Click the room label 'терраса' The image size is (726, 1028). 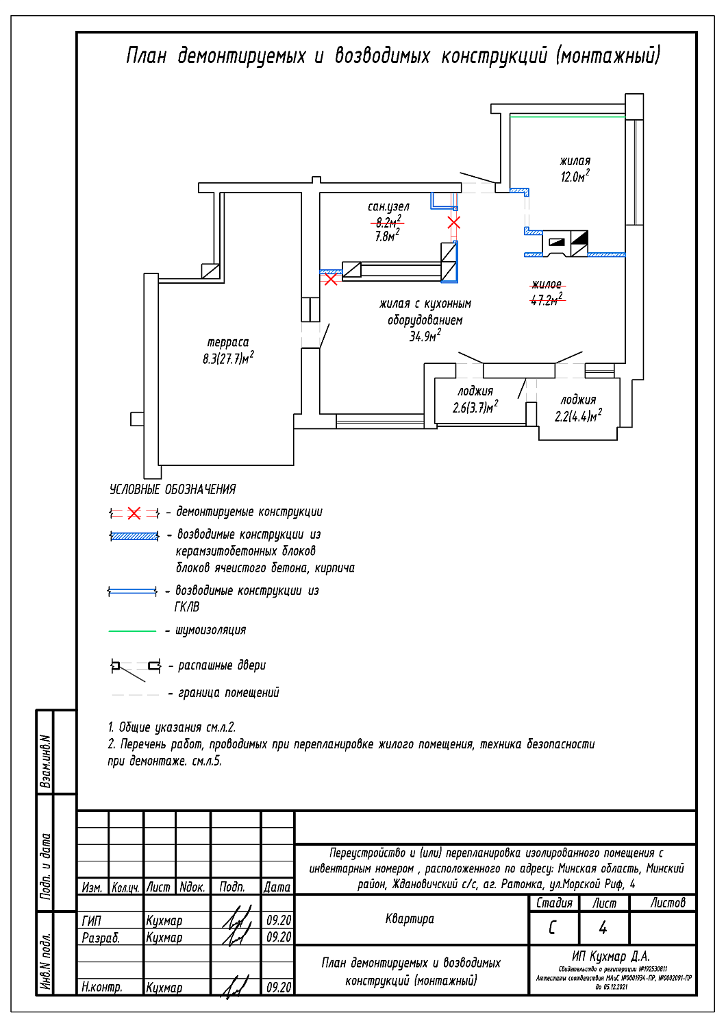[228, 342]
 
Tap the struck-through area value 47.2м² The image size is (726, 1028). [547, 300]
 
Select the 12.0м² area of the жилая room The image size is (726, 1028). [575, 177]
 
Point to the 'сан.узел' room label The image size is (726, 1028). [388, 206]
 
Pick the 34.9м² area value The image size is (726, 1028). [425, 336]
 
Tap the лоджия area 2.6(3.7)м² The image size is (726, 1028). [475, 407]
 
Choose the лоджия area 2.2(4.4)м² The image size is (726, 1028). [578, 416]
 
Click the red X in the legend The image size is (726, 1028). [134, 513]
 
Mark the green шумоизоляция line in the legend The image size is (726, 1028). [133, 631]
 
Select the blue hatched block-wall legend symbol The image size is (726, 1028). [134, 536]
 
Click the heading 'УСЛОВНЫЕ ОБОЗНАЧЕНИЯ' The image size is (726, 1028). [173, 489]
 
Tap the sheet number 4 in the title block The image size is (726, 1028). [603, 928]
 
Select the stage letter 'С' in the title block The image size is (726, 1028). [553, 928]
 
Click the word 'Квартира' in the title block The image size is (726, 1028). [410, 919]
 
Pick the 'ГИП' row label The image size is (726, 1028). [92, 920]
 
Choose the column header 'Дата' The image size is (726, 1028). [277, 887]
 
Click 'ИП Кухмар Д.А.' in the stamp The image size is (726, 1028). [611, 956]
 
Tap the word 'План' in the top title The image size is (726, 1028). [146, 56]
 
